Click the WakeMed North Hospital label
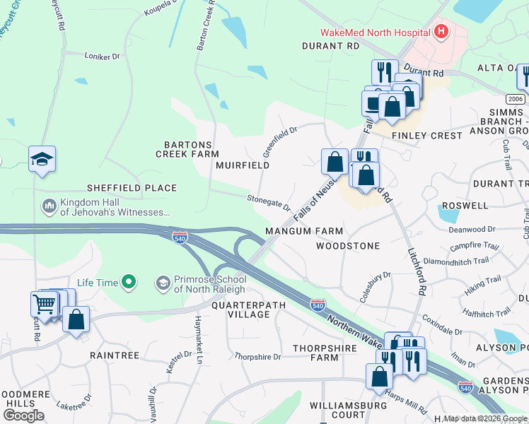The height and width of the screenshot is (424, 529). click(375, 32)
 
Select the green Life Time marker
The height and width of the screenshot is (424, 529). click(127, 283)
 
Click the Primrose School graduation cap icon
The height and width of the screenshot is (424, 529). click(163, 283)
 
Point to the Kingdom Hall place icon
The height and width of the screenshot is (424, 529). click(49, 206)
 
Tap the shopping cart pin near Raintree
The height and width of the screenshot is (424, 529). click(44, 305)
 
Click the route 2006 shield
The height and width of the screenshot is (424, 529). click(516, 99)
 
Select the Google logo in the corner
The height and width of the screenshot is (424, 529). click(23, 415)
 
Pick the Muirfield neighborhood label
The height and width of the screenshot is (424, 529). click(243, 165)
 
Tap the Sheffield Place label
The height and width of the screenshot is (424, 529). click(131, 188)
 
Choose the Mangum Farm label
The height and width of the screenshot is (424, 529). click(304, 231)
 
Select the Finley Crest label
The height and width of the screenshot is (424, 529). click(417, 134)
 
